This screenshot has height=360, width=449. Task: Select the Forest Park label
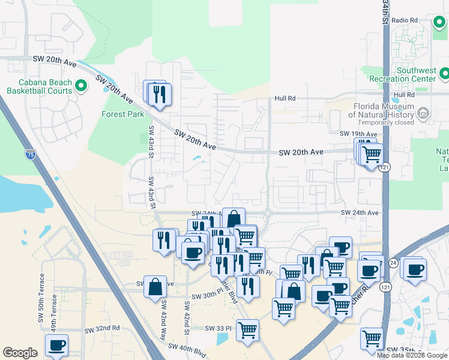click(122, 114)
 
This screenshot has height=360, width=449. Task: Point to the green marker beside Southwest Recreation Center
click(444, 74)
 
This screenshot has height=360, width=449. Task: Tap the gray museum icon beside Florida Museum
click(423, 112)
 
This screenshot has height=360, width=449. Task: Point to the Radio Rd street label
click(404, 20)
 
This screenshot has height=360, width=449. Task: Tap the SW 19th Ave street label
click(358, 134)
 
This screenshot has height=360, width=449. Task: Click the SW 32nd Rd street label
click(102, 329)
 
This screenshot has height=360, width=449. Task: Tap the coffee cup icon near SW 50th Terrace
click(57, 345)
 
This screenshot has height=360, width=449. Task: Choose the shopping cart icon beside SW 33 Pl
click(247, 329)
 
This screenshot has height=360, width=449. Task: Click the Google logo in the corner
click(20, 353)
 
